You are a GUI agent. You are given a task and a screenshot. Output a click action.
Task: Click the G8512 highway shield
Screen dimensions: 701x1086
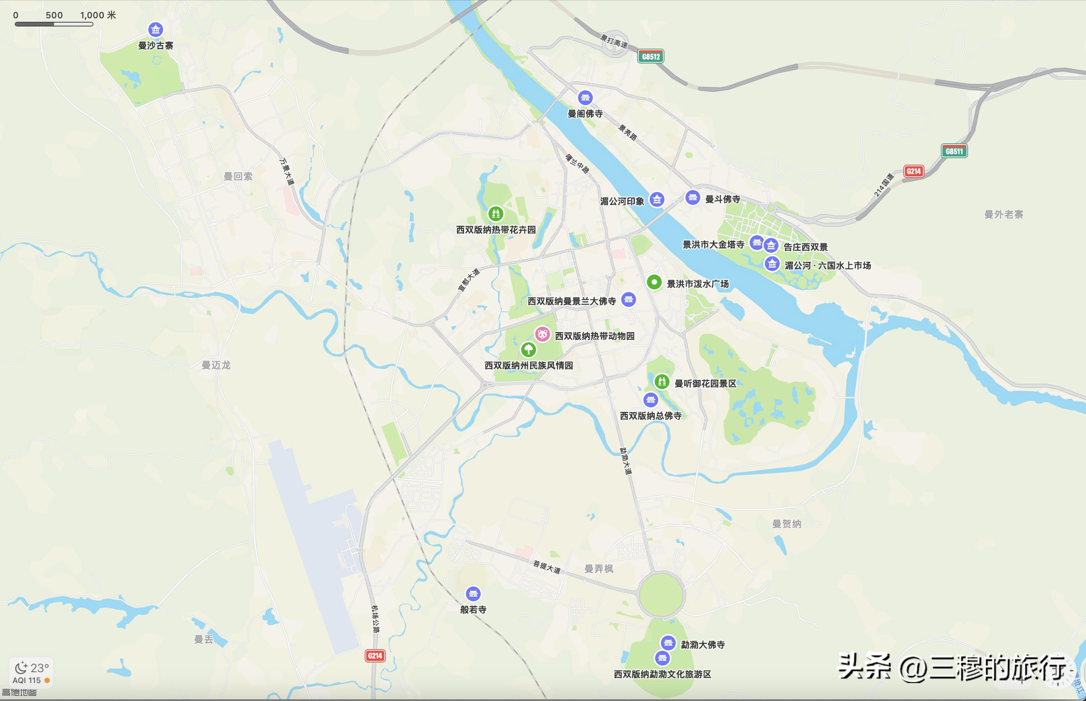[650, 56]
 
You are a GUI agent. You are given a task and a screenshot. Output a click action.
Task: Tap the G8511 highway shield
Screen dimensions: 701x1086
[954, 151]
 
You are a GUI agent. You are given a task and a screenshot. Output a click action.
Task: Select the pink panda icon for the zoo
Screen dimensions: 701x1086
[542, 335]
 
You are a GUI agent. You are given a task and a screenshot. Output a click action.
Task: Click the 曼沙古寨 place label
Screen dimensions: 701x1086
[156, 46]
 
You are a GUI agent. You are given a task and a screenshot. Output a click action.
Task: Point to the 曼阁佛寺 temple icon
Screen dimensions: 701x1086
[585, 97]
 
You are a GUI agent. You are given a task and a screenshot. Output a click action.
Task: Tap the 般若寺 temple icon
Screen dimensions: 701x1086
[473, 594]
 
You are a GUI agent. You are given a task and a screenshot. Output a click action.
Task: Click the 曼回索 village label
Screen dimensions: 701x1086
[238, 176]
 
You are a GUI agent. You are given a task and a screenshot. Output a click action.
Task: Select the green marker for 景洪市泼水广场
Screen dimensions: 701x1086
[654, 282]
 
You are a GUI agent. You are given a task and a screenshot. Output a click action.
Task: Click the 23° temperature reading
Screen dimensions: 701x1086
[39, 668]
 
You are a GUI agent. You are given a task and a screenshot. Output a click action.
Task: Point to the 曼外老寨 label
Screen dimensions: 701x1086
[1003, 215]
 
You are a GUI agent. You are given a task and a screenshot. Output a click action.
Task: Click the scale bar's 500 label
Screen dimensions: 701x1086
[54, 15]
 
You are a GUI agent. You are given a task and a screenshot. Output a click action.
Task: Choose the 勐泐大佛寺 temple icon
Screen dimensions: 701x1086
[668, 643]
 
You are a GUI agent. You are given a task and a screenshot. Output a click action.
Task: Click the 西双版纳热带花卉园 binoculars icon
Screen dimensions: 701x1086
[496, 213]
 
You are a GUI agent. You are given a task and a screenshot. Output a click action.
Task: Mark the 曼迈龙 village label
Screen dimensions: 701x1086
[216, 365]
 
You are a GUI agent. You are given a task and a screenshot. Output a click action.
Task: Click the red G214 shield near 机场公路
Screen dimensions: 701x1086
[375, 655]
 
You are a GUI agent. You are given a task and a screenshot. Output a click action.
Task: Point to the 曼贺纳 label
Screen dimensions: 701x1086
[787, 524]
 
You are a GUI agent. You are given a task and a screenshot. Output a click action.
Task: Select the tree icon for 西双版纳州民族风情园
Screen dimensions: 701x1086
[528, 350]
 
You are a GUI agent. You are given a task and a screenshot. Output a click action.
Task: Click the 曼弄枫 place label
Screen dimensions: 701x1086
[599, 569]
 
